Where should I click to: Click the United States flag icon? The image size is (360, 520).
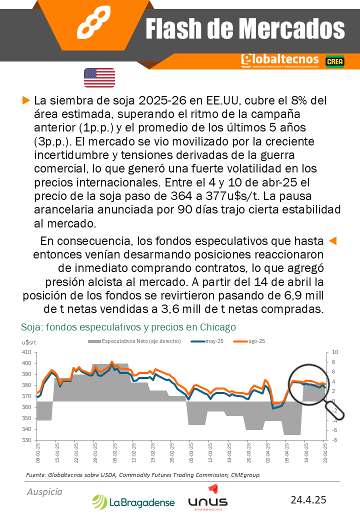tap(99, 77)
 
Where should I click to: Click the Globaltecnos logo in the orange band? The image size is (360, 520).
tap(279, 60)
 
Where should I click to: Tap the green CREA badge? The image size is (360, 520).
tap(334, 61)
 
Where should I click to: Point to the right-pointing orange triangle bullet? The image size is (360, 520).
tap(26, 100)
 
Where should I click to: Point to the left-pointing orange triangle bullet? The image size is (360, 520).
tap(332, 241)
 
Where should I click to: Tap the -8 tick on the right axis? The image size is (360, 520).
tap(334, 440)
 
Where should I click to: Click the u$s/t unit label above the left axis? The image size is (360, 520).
tap(29, 342)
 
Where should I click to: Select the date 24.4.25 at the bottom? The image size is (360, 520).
tap(308, 499)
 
